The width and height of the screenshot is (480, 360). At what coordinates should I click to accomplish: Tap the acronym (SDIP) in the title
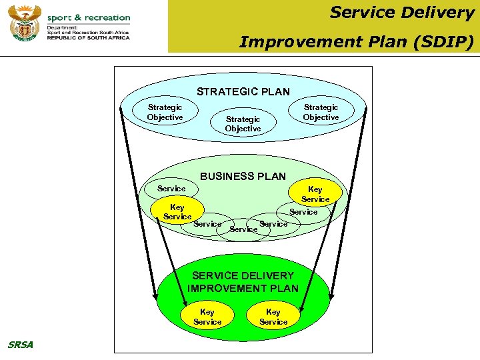[x=449, y=43]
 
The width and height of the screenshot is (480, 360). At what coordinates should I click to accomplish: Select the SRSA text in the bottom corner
[x=20, y=345]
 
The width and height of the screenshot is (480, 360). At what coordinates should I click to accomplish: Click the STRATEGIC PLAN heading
[x=243, y=92]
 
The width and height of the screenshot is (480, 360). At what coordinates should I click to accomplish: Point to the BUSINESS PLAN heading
[x=243, y=177]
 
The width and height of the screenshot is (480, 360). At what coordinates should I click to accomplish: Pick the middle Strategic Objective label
[x=243, y=124]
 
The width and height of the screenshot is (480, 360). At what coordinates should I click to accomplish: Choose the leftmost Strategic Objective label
[x=165, y=112]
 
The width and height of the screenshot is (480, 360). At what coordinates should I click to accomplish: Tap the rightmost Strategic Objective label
[x=321, y=112]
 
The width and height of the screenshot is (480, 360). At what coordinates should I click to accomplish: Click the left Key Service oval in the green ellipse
[x=207, y=317]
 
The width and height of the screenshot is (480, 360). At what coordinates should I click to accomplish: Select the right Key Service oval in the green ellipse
[x=273, y=317]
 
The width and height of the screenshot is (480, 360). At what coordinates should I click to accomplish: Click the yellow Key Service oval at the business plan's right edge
[x=315, y=194]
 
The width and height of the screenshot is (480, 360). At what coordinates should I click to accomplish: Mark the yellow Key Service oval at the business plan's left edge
[x=177, y=212]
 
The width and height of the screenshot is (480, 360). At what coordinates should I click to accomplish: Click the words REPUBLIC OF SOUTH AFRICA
[x=88, y=38]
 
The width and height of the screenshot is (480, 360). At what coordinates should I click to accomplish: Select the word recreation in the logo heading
[x=107, y=17]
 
